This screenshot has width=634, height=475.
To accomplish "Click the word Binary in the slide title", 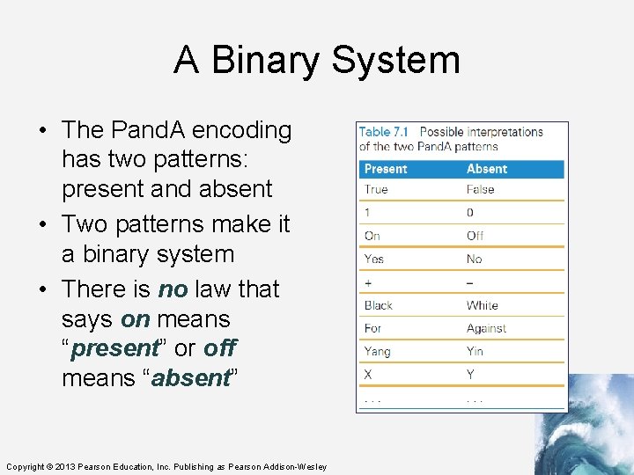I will (262, 61).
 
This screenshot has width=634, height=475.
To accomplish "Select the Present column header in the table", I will (386, 169).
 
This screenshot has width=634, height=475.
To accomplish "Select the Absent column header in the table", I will (487, 169).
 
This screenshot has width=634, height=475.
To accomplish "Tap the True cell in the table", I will (376, 189).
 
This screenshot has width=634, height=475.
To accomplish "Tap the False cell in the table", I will (482, 189).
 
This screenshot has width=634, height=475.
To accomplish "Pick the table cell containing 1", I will (368, 212).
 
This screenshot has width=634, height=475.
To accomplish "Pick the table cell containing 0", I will (470, 212).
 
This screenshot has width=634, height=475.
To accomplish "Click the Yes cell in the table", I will (374, 259).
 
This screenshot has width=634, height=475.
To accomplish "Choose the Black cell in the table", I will (379, 305).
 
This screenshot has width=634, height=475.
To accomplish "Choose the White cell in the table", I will (483, 305).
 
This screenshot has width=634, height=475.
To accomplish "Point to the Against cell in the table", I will (486, 328).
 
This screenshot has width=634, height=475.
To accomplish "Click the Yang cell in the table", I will (377, 351).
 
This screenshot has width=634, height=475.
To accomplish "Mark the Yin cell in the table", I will (475, 351).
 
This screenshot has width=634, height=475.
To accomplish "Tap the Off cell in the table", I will (475, 236).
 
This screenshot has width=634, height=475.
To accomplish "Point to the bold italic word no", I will (173, 289).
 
